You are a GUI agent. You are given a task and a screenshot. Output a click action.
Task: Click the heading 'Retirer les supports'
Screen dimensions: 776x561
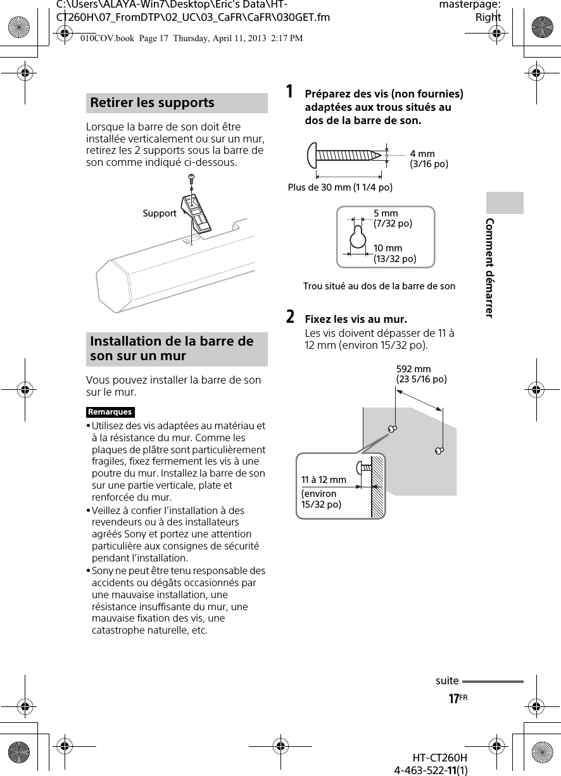(x=153, y=103)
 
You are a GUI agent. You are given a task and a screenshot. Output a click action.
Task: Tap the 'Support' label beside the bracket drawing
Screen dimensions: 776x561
(x=160, y=213)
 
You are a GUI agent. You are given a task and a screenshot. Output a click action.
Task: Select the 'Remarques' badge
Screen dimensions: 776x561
(x=110, y=412)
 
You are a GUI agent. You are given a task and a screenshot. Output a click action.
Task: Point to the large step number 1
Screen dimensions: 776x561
(x=289, y=92)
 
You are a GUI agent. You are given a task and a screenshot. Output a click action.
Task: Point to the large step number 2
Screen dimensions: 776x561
(x=289, y=316)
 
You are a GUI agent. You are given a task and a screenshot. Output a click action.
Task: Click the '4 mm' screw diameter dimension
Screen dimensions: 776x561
(x=422, y=154)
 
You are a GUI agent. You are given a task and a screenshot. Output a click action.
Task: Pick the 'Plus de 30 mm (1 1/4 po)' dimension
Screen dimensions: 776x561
(x=340, y=187)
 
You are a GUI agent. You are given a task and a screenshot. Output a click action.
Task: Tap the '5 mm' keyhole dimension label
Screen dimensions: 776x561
(x=386, y=213)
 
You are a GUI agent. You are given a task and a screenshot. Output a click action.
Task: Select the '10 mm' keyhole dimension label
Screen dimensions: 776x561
(x=388, y=248)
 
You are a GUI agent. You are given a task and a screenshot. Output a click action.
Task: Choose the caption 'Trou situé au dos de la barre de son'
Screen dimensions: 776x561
(x=379, y=286)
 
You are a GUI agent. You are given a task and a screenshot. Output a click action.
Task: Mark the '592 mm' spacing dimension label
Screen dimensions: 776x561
(x=413, y=369)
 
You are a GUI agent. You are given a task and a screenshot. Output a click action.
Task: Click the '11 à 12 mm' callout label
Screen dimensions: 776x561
(x=324, y=480)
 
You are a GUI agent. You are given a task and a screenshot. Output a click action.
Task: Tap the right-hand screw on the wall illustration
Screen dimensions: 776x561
(x=439, y=450)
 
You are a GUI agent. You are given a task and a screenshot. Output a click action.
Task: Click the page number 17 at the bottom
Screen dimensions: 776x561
(x=453, y=699)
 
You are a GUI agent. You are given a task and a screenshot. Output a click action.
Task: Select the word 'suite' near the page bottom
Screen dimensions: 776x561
(x=447, y=681)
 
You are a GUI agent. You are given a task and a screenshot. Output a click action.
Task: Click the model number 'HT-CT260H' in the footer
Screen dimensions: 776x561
(x=439, y=758)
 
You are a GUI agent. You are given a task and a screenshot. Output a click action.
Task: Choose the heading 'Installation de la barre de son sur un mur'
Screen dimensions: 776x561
(x=172, y=349)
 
